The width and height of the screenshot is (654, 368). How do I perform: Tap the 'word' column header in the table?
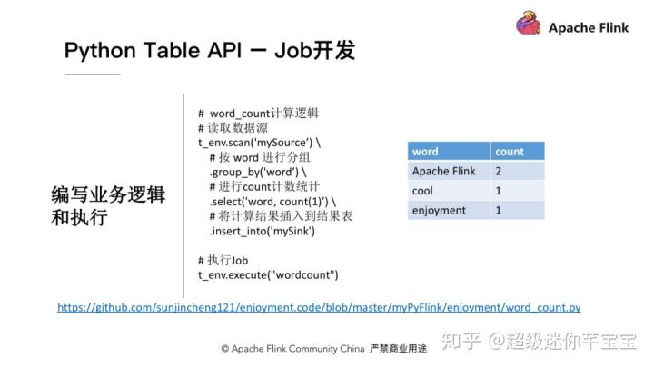point(425,152)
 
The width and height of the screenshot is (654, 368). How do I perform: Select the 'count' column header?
point(510,152)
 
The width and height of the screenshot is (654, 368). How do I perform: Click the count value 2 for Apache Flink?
point(500,171)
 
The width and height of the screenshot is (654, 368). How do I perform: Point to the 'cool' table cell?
point(422,191)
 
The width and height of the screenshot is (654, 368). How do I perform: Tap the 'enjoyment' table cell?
point(439,211)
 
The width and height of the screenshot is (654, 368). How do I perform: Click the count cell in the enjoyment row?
point(500,211)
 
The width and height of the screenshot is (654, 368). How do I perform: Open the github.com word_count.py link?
point(319,308)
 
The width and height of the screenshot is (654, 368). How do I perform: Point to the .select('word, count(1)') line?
point(272,201)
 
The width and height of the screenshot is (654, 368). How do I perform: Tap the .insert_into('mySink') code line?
point(262,230)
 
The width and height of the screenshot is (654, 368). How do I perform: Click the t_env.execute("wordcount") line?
point(267,274)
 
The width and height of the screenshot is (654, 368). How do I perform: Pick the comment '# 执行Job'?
point(223,260)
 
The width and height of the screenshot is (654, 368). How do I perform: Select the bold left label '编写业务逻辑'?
point(107,196)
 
